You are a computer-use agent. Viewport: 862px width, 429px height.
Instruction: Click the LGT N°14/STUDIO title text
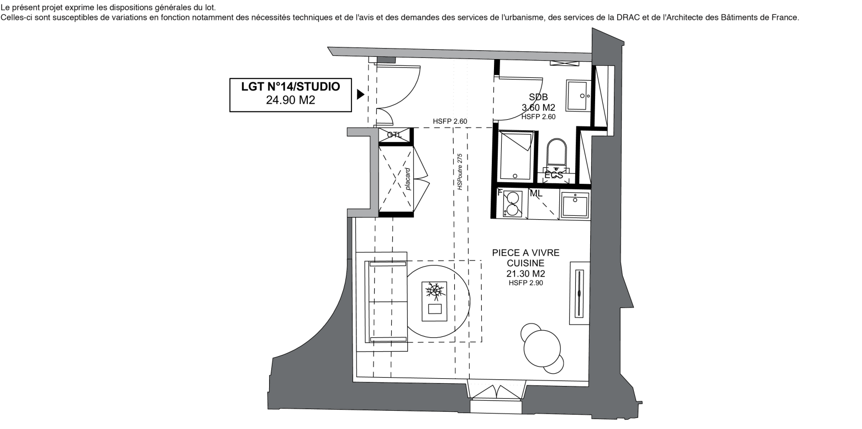coord(291,87)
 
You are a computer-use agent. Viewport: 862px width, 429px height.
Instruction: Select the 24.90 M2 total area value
coord(291,100)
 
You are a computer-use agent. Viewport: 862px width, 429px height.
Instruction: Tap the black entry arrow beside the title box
coord(360,94)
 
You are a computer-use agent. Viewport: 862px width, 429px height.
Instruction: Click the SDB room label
coord(538,97)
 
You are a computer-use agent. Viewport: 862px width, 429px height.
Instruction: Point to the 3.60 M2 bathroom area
coord(538,107)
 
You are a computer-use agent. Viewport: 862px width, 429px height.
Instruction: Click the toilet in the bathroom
coord(556,156)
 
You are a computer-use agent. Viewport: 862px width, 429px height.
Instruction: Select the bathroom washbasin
coord(578,96)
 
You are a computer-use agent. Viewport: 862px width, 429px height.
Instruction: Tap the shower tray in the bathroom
coord(516,156)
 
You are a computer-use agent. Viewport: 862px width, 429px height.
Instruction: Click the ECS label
coord(554,175)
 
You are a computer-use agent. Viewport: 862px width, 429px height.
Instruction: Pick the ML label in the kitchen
coord(536,193)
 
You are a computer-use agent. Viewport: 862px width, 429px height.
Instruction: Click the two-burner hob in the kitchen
coord(512,204)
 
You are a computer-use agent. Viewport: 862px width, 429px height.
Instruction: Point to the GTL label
coord(395,135)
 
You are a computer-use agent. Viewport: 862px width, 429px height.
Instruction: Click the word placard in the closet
coord(408,179)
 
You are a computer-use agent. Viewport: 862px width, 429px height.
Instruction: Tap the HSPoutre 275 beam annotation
coord(460,172)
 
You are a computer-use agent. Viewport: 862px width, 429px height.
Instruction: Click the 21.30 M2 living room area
coord(525,274)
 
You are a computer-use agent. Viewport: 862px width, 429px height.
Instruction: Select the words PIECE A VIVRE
coord(525,252)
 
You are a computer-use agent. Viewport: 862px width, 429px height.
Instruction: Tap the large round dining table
coord(542,348)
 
